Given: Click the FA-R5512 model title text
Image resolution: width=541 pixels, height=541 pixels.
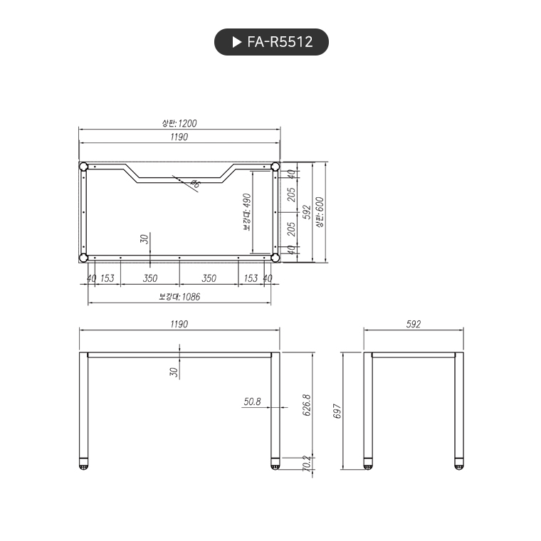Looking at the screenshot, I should click(x=280, y=42).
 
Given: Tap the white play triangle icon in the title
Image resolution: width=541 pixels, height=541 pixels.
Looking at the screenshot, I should click(x=237, y=42).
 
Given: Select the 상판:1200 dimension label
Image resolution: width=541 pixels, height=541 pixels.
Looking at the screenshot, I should click(x=179, y=123).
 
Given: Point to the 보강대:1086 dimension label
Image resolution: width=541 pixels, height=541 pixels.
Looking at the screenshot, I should click(x=179, y=297).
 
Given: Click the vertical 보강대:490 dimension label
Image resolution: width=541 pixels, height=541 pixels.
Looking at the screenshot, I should click(x=247, y=211).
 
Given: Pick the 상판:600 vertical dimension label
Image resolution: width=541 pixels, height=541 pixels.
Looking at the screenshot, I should click(x=320, y=211).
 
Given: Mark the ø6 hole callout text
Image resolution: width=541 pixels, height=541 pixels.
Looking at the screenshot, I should click(x=194, y=184).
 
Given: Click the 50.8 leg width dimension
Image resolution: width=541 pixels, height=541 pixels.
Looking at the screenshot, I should click(x=252, y=401).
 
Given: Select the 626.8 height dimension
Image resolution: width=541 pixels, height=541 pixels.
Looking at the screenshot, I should click(x=307, y=405).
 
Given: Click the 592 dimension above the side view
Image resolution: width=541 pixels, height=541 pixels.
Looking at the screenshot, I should click(x=414, y=324).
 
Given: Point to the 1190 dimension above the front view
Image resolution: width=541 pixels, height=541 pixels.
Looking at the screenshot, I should click(x=179, y=324).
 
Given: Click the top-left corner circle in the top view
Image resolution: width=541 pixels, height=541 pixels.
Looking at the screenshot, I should click(x=83, y=167).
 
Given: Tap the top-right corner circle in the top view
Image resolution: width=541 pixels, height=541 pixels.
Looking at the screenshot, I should click(x=275, y=167).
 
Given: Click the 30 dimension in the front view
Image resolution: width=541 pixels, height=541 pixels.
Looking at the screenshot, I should click(x=173, y=371).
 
